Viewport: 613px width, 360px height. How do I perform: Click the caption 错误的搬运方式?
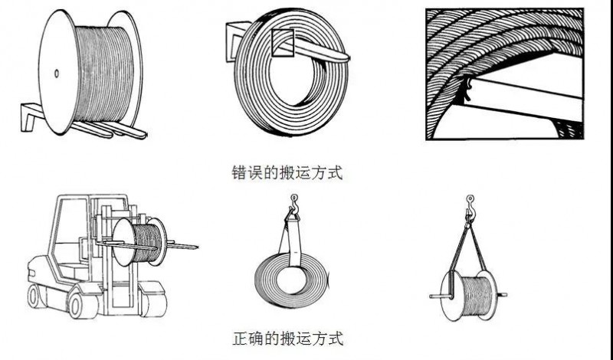click(287, 172)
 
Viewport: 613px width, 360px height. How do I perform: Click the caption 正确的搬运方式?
click(287, 338)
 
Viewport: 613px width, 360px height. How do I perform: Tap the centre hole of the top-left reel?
click(56, 74)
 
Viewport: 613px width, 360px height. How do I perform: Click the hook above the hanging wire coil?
click(293, 202)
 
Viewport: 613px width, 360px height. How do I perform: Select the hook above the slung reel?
click(470, 205)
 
